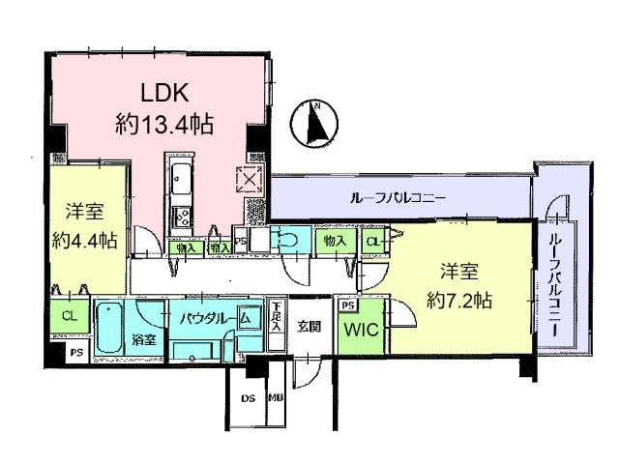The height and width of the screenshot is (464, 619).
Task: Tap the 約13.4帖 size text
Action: point(164,127)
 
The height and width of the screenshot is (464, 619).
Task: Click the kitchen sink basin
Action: point(181,178)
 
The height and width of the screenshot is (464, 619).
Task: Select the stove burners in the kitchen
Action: point(181,215)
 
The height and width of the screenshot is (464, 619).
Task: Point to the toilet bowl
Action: point(288,239)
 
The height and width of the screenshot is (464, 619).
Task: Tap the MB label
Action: point(276,397)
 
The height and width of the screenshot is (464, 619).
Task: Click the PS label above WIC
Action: point(349,306)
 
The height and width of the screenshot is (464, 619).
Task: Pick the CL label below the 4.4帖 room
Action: point(70,315)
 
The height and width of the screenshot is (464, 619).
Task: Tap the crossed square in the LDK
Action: point(249,179)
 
